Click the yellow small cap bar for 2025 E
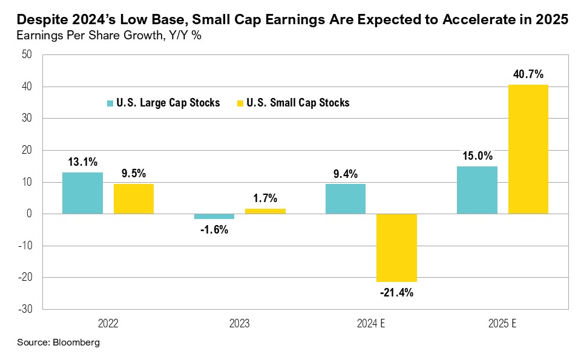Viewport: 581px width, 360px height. click(x=528, y=149)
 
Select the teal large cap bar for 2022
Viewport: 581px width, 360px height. click(x=82, y=193)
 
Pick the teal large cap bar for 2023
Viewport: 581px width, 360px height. click(x=214, y=216)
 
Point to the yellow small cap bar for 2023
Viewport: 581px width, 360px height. click(x=265, y=211)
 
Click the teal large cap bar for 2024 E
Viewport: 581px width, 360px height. click(x=345, y=198)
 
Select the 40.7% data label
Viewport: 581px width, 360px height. click(x=528, y=74)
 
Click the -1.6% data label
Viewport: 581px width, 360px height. click(x=214, y=230)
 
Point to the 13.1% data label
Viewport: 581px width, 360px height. click(x=82, y=162)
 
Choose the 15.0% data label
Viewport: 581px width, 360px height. click(x=477, y=155)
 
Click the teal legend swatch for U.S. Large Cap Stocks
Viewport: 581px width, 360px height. click(x=110, y=103)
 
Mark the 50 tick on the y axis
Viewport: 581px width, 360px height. click(x=27, y=55)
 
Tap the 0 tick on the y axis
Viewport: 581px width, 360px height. click(x=29, y=214)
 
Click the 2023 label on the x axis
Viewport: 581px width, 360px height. click(x=239, y=324)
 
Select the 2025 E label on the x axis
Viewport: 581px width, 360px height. click(x=502, y=324)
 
